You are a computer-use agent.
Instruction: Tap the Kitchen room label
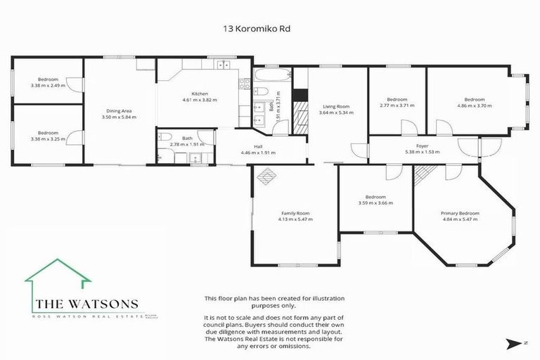[200, 94]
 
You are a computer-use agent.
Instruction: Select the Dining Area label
[119, 110]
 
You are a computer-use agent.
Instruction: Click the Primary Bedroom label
[460, 213]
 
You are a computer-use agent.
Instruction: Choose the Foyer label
[422, 146]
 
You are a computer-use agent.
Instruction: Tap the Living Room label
[334, 106]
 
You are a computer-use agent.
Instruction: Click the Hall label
[259, 146]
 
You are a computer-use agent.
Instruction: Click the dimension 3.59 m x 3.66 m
[375, 203]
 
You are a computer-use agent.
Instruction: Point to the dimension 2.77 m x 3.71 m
[397, 106]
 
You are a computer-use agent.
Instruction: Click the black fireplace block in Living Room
[300, 95]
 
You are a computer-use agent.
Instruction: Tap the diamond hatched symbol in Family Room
[266, 178]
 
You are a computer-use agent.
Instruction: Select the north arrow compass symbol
[510, 342]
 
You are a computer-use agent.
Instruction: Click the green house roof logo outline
[58, 271]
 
